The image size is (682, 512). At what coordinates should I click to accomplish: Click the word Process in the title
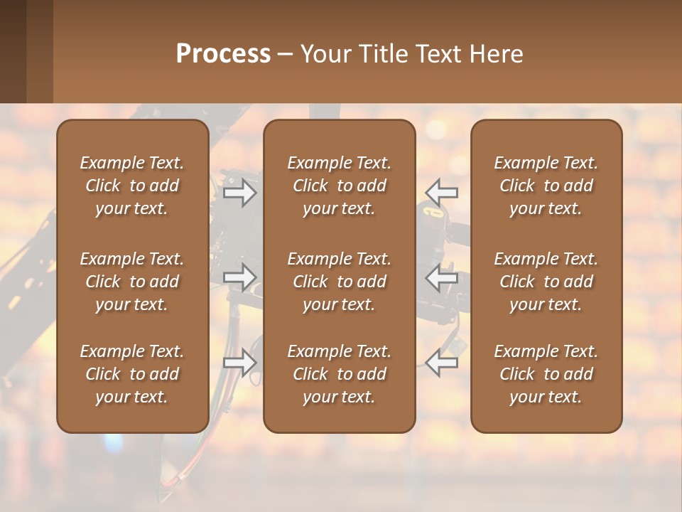point(223,54)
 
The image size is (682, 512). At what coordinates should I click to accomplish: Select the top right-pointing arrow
point(240,193)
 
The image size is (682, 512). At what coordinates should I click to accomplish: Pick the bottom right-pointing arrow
point(240,362)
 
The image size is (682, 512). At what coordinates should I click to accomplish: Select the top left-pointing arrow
point(442,192)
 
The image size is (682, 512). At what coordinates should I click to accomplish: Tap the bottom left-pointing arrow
point(442,362)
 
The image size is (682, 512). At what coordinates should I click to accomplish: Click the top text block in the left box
point(132,186)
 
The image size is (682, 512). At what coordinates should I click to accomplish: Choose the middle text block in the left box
point(132,282)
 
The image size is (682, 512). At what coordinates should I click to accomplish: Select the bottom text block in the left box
point(132,374)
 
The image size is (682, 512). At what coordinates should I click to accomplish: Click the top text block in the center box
point(339,186)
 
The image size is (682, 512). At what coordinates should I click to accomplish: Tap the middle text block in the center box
point(339,282)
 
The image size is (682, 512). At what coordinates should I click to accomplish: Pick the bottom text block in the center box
point(339,374)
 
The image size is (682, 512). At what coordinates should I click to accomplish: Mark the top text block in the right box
point(546,186)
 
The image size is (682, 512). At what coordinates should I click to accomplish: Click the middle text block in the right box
point(546,282)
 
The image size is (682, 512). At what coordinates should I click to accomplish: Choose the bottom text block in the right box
point(546,374)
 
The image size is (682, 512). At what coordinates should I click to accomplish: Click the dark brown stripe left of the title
point(13,51)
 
